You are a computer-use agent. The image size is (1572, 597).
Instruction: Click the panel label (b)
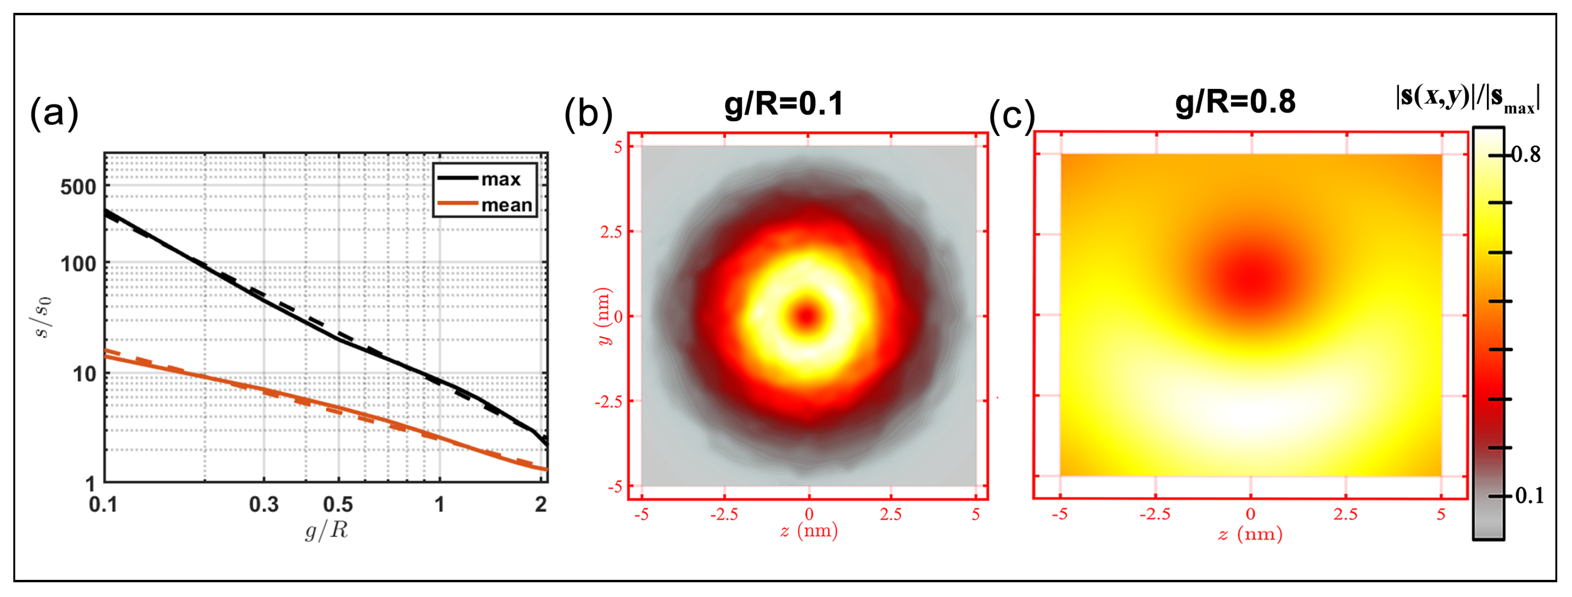coord(588,114)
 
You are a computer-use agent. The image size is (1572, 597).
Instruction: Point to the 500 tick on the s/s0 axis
coord(78,187)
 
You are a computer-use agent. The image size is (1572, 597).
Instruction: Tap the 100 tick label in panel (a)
coord(78,264)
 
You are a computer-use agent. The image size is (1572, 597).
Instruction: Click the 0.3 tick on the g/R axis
coord(263,504)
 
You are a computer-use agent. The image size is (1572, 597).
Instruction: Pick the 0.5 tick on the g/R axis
coord(338,504)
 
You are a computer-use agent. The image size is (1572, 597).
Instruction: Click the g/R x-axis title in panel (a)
coord(327,530)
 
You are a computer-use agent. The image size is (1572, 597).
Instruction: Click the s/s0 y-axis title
coord(43,317)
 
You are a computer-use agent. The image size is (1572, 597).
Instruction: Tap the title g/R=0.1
coord(784,103)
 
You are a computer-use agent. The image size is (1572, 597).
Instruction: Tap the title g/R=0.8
coord(1235,101)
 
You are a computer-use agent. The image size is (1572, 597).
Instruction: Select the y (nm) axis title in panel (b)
coord(603,316)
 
